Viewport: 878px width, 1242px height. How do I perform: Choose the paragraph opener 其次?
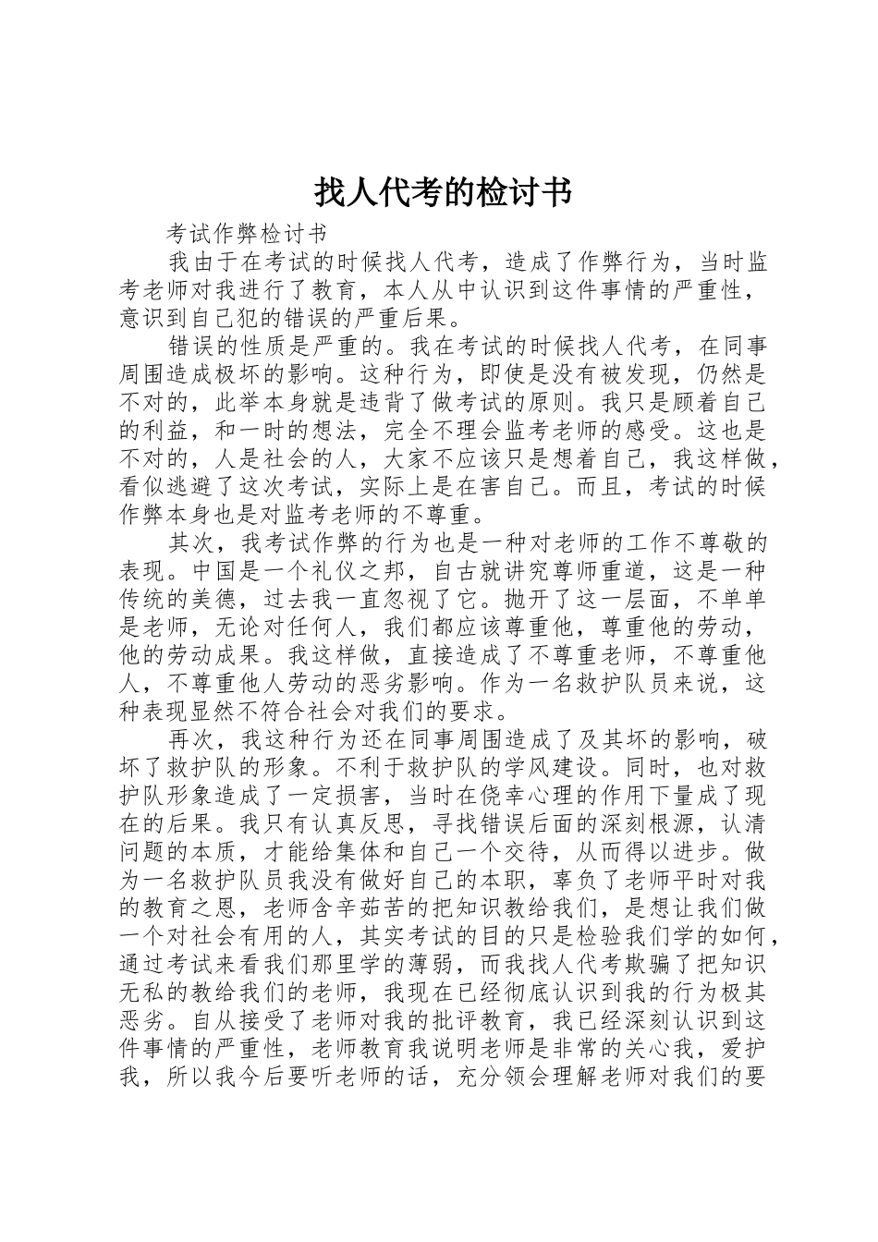tap(194, 542)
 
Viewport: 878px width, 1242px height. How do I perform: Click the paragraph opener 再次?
tap(194, 740)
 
